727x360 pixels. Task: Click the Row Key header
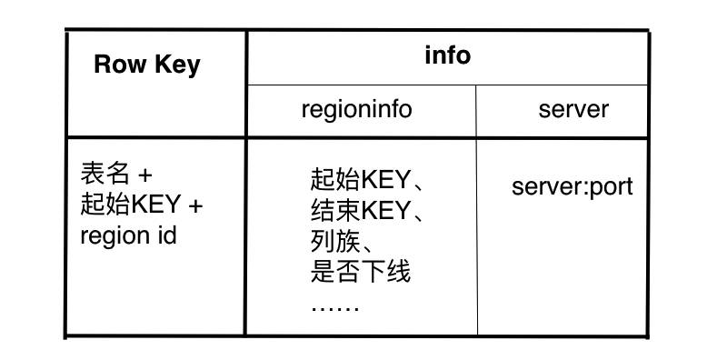pos(146,65)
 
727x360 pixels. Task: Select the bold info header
pos(447,55)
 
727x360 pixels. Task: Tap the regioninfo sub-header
pos(356,110)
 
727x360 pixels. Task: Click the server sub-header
pos(573,110)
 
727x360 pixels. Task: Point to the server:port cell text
pos(572,187)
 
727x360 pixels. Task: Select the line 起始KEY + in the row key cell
pos(141,205)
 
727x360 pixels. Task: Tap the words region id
pos(128,235)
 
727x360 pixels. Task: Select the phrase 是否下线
pos(361,272)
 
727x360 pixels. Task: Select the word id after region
pos(166,235)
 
